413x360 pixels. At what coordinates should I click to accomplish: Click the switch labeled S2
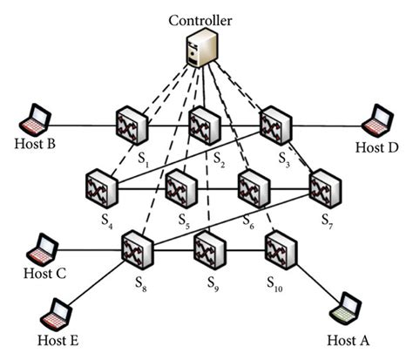point(203,126)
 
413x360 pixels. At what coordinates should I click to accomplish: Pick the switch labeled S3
point(276,126)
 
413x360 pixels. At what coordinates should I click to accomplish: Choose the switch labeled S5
point(179,187)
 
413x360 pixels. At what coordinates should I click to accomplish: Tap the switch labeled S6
point(253,187)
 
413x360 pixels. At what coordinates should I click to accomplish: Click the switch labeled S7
point(325,187)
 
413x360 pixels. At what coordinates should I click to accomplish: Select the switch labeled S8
point(137,249)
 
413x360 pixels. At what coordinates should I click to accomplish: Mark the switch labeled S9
point(209,249)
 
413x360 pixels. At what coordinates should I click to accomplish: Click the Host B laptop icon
point(37,119)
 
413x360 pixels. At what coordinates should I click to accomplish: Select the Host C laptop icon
point(40,248)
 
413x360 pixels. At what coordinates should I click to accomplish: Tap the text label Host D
point(376,148)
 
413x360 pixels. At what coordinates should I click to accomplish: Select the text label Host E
point(57,340)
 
